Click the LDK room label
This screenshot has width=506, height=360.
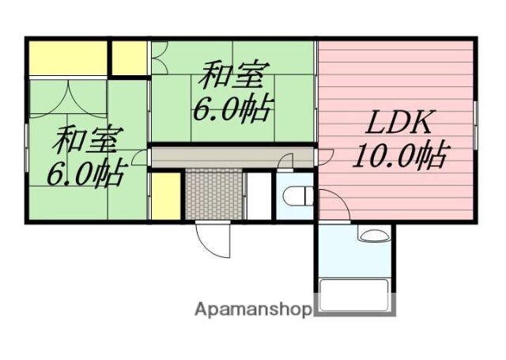[398, 125]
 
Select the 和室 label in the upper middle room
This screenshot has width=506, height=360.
[229, 78]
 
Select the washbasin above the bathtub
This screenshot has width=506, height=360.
[372, 233]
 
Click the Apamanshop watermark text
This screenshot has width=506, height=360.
[253, 309]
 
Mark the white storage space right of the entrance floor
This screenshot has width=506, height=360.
[258, 195]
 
